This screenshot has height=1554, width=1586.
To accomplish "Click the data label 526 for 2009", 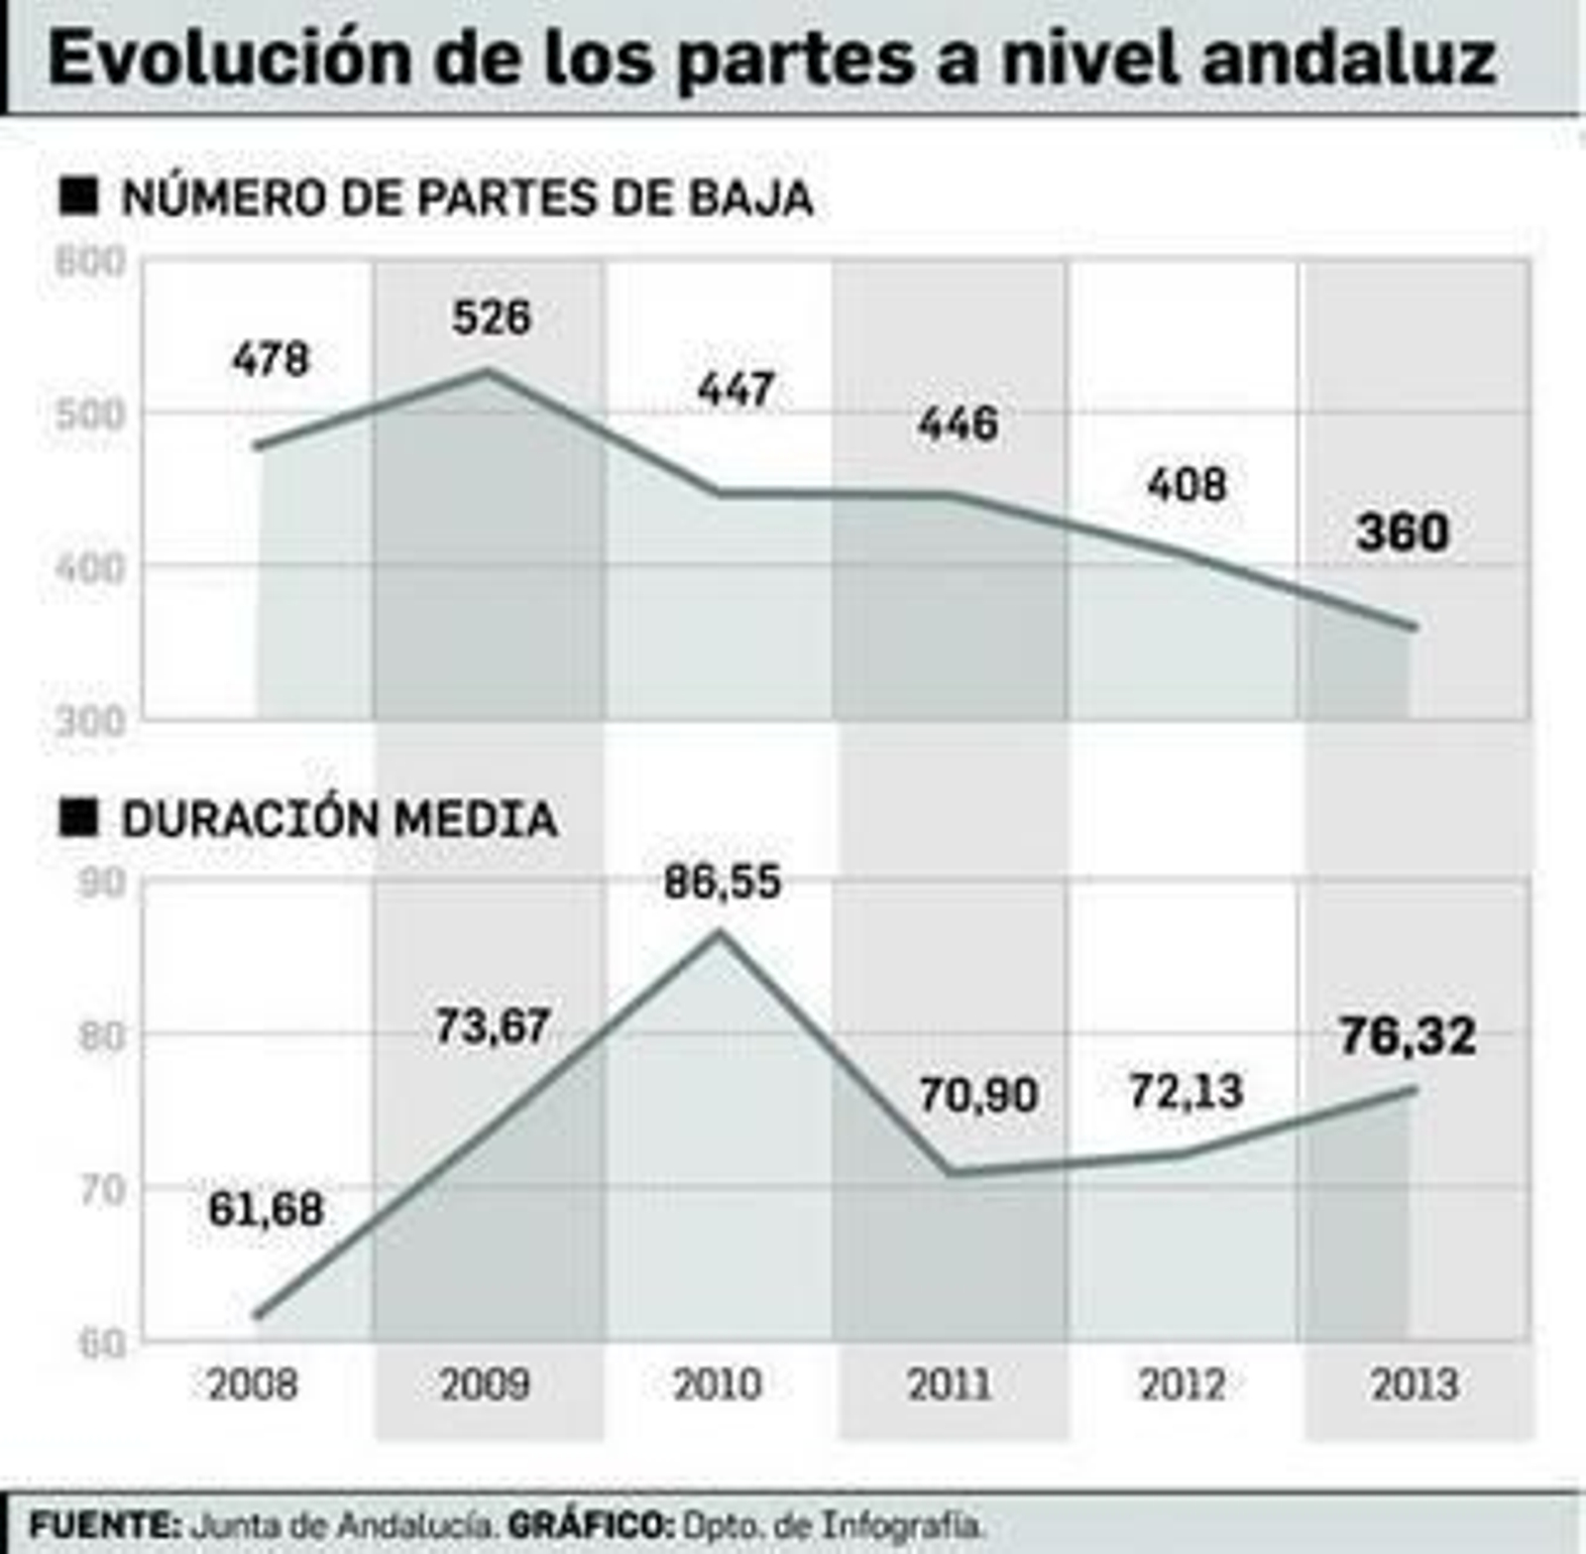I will click(x=492, y=317).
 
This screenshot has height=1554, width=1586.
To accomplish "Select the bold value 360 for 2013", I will click(x=1403, y=533).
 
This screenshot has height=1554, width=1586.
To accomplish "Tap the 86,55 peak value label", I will click(x=723, y=882).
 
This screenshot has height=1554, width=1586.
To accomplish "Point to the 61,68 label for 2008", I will click(x=266, y=1209).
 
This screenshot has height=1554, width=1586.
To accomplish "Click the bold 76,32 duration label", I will click(x=1408, y=1036).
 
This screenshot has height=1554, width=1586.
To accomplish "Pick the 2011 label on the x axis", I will click(x=950, y=1384).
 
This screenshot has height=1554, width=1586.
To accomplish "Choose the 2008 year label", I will click(x=253, y=1384).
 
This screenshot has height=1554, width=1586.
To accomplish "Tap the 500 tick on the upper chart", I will click(x=90, y=415).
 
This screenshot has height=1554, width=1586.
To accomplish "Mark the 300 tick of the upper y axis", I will click(x=90, y=722).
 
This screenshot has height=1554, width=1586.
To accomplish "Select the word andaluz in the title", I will click(x=1348, y=58).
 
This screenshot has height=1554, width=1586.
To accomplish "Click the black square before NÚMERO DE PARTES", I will click(x=79, y=195).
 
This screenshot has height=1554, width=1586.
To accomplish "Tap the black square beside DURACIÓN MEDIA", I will click(x=79, y=818).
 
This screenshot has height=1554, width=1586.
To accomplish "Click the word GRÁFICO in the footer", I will click(x=590, y=1524).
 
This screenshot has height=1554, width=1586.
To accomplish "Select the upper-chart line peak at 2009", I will click(x=487, y=371).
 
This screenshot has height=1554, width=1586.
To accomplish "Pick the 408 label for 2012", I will click(x=1187, y=485).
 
